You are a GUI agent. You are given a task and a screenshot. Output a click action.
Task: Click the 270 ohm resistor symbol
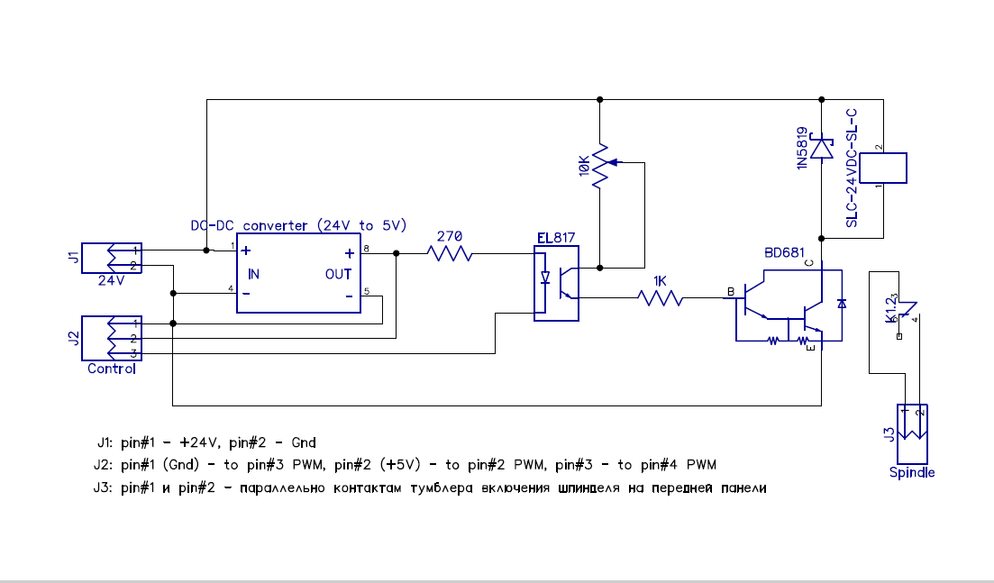coord(451,254)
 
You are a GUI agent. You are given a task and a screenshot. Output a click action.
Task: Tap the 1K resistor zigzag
coord(660,297)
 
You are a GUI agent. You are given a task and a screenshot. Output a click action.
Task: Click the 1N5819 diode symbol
coord(821,147)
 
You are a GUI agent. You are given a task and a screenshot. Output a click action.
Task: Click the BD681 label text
coord(784,252)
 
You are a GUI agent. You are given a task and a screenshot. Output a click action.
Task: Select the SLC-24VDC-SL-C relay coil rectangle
coord(883,168)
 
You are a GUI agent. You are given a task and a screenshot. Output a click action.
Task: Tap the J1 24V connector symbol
coord(107,258)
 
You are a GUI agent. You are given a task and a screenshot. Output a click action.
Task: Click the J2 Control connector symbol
coord(107,338)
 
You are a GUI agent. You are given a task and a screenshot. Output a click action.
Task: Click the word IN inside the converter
coord(254,273)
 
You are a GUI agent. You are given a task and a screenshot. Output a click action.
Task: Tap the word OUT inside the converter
coord(339,274)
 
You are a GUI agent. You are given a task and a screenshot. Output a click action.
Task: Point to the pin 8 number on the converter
coord(367,247)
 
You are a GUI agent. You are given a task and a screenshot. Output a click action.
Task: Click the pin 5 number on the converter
coord(367,290)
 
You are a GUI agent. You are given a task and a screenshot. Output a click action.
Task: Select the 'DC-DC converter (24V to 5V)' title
coord(299,225)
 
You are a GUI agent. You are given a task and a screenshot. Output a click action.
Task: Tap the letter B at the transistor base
coord(731,292)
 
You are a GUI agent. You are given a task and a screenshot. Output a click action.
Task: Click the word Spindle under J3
coord(912,472)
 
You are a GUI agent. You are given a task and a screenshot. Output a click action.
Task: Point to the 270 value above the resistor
coord(449,237)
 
